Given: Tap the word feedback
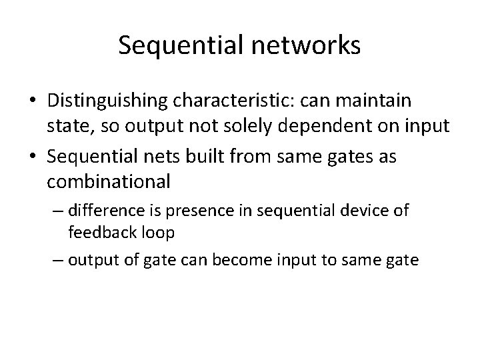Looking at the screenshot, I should tap(99, 234).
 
